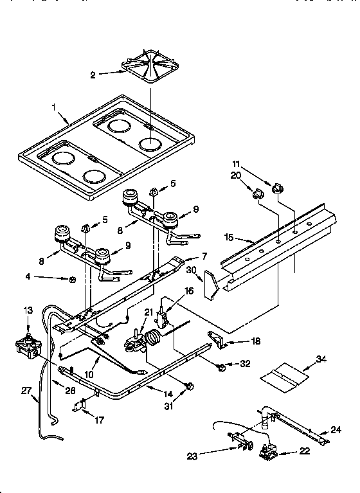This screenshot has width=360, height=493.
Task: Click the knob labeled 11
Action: click(x=279, y=186)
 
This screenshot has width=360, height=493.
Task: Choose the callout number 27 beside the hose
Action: click(x=26, y=389)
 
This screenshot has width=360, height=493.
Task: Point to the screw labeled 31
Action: click(x=190, y=386)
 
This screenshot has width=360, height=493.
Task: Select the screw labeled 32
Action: click(x=221, y=367)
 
